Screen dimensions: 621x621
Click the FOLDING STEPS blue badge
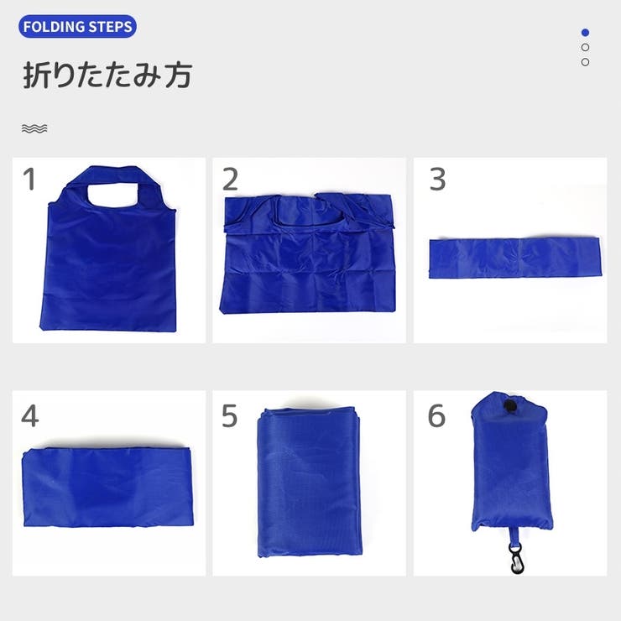77,27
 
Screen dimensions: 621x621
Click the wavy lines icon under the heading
34,128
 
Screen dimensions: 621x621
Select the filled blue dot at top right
585,33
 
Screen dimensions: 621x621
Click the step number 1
29,180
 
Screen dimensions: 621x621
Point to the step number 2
230,180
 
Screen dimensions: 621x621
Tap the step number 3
437,180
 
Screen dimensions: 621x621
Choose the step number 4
29,416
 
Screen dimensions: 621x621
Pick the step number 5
230,416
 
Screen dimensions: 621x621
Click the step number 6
437,416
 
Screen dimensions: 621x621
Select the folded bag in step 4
107,487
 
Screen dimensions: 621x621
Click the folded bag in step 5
310,482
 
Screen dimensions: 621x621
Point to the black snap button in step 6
507,407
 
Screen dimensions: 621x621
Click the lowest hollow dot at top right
585,62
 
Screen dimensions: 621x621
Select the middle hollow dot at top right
585,47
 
